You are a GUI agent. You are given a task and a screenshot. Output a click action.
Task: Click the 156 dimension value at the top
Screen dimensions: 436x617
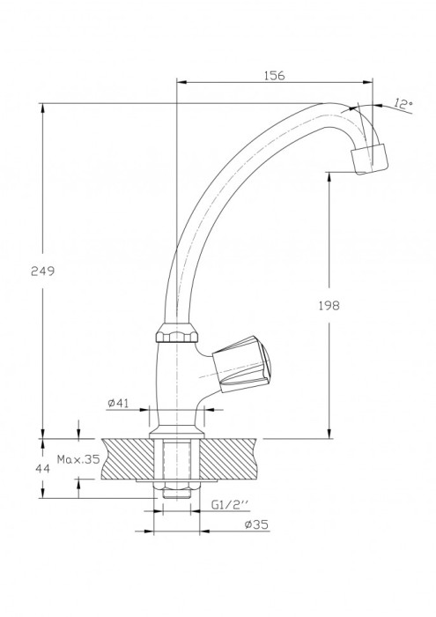pos(274,76)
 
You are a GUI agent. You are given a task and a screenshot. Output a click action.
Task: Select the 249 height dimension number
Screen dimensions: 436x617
pos(43,271)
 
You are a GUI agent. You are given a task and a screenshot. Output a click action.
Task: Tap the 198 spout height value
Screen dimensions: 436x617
pos(329,305)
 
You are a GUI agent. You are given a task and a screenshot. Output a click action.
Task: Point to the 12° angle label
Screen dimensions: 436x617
pos(403,104)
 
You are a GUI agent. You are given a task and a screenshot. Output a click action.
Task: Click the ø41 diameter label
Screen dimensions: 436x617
pos(118,403)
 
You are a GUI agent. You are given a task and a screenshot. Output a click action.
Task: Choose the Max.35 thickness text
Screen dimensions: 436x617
pos(78,459)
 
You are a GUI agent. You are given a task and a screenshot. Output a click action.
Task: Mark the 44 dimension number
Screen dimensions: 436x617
pos(43,469)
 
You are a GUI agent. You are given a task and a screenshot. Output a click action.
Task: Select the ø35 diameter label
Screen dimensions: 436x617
pos(256,524)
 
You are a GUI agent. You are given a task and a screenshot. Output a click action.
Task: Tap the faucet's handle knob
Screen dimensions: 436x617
pos(241,364)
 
